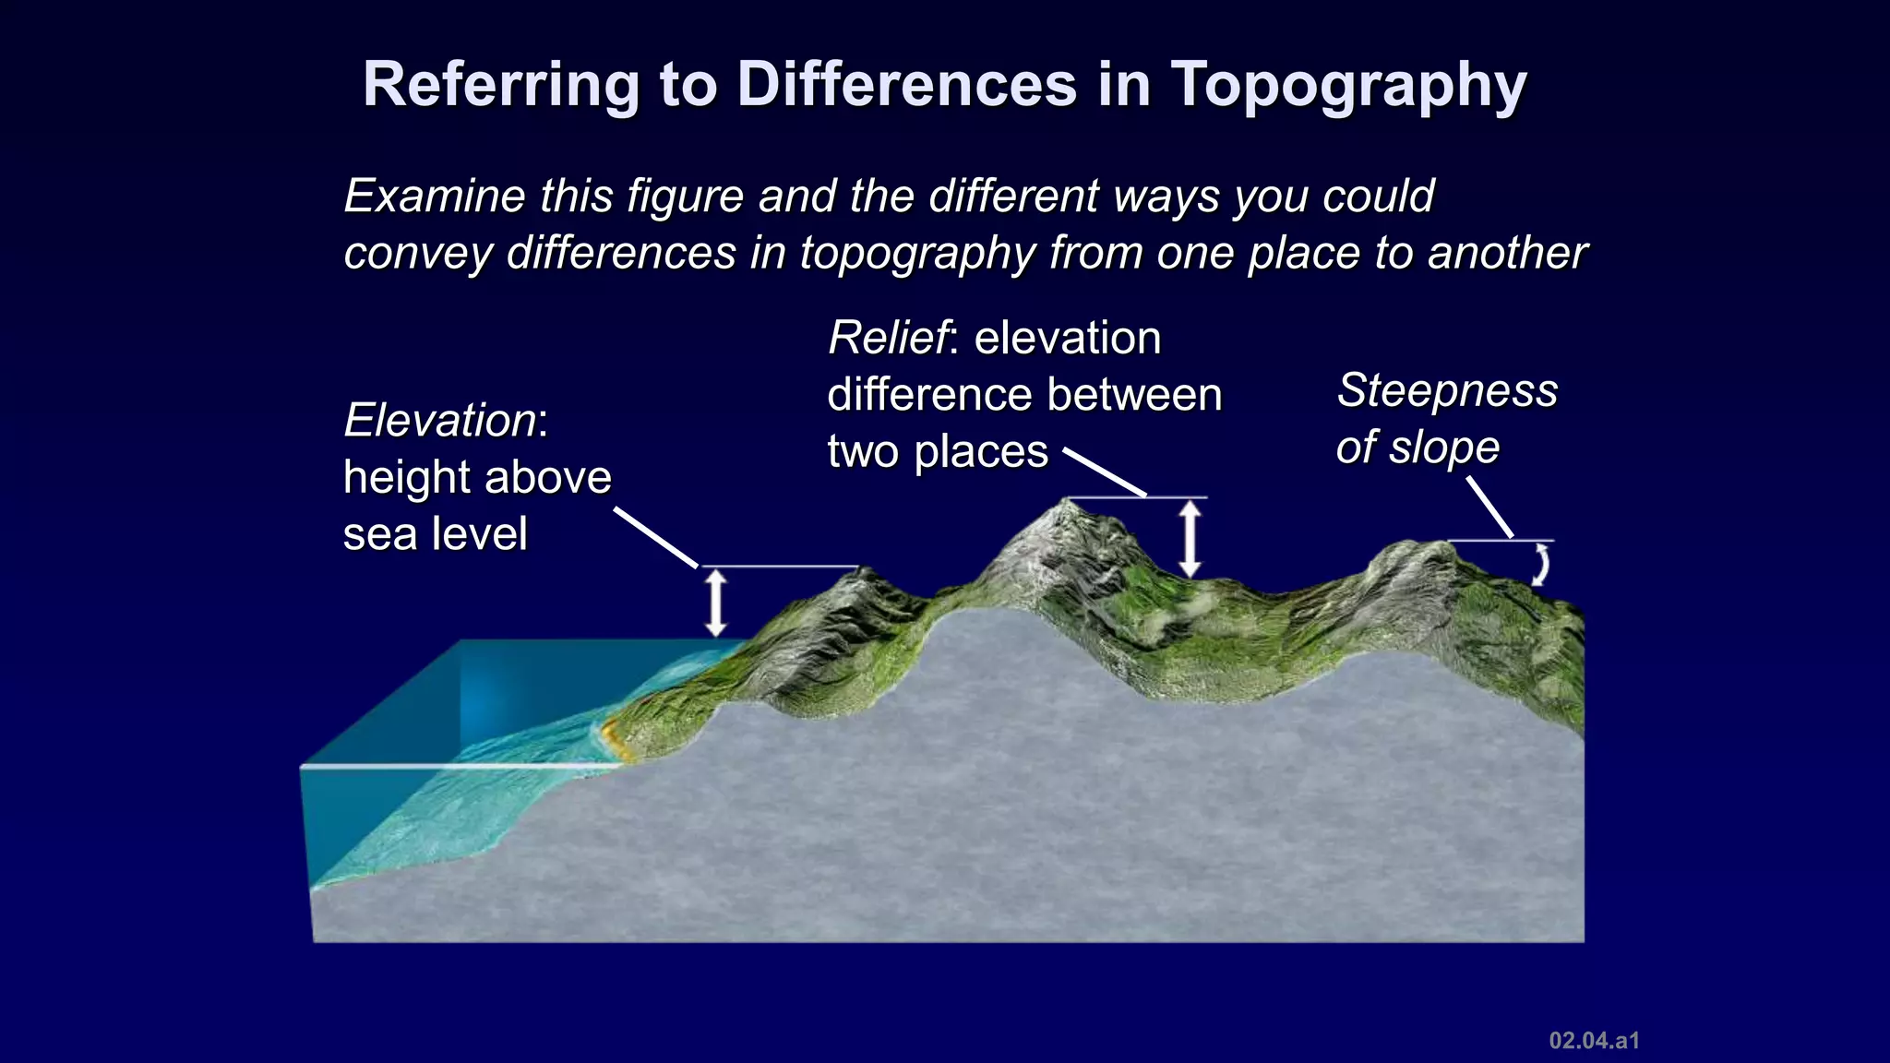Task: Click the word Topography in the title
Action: [1349, 86]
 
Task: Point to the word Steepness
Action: [1447, 390]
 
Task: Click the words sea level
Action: [436, 534]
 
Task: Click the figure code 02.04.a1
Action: [1594, 1041]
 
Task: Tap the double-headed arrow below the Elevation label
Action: [716, 603]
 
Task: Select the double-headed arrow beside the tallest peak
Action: [1190, 538]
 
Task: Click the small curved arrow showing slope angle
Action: [1540, 564]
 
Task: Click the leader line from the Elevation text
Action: [656, 537]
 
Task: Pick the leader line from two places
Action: [1105, 473]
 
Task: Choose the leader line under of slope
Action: [1489, 506]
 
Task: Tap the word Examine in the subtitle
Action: [435, 197]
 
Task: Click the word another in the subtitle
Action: [1507, 253]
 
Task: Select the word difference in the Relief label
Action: [930, 395]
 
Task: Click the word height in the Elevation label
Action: [407, 478]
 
